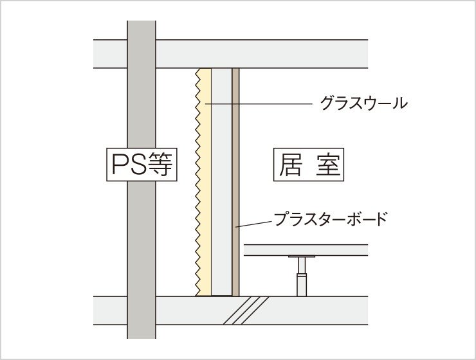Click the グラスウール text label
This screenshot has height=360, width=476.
coord(363,103)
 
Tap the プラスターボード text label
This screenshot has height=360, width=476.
coord(331,219)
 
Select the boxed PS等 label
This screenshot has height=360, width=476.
coord(141,166)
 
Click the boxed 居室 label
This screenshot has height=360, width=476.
coord(309,165)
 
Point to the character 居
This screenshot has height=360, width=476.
coord(291,165)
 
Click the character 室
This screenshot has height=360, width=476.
coord(327,165)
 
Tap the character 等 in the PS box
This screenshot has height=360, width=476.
coord(161,166)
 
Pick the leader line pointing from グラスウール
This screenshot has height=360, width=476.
coord(257,104)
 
